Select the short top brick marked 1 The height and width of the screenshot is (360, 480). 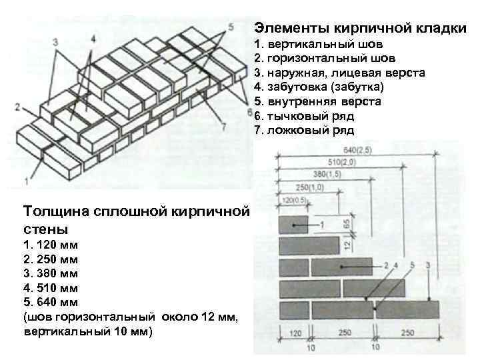click(x=293, y=224)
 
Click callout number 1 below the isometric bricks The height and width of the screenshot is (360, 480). click(x=25, y=180)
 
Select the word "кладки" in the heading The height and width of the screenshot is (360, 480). click(x=436, y=28)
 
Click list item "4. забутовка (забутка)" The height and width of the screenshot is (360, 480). click(x=319, y=87)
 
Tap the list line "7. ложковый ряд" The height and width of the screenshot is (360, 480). click(x=304, y=130)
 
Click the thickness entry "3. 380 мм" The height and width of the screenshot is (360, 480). click(x=51, y=273)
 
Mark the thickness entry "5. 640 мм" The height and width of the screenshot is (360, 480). click(x=51, y=302)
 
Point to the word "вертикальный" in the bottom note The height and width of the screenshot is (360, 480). click(x=60, y=331)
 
